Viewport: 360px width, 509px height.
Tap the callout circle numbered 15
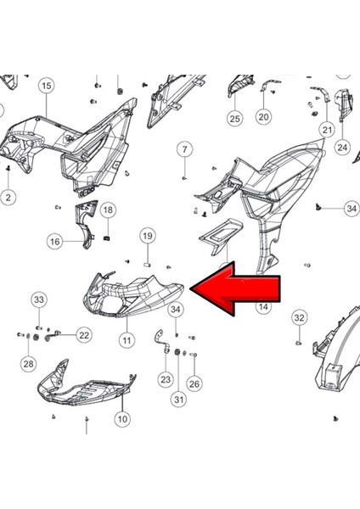tap(46, 85)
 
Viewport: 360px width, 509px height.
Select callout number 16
tap(54, 242)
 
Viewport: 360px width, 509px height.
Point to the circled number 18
tap(108, 210)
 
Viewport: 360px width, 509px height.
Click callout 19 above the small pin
tap(147, 236)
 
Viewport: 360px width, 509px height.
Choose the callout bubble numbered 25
tap(234, 118)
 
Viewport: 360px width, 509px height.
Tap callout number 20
tap(263, 117)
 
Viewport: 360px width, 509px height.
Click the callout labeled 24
tap(342, 147)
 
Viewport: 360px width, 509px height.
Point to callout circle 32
tap(299, 318)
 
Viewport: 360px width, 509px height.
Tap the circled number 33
tap(39, 299)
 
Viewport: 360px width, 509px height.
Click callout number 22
tap(83, 335)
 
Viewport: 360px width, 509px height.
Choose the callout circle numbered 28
tap(28, 364)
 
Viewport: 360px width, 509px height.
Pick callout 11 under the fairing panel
tap(127, 340)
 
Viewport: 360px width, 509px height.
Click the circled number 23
tap(165, 379)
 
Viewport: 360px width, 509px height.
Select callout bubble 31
tap(178, 400)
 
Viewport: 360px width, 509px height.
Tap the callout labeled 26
tap(194, 383)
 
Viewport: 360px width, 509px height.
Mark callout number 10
tap(122, 418)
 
